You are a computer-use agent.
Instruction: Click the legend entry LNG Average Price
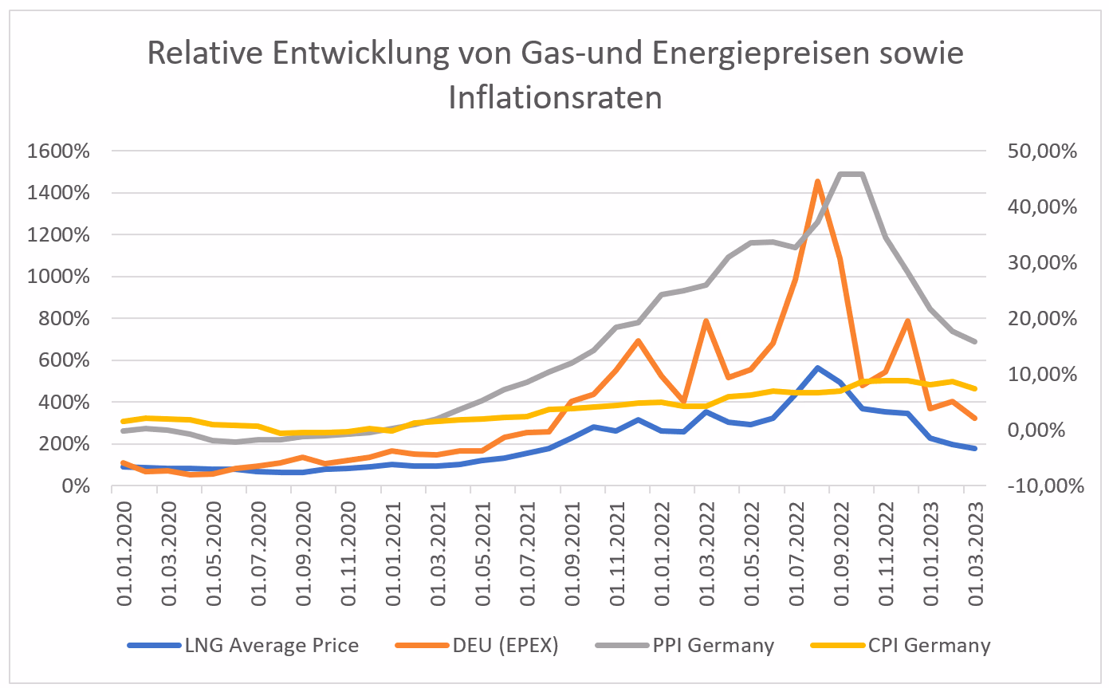tap(243, 646)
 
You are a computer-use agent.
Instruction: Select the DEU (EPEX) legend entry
tap(478, 646)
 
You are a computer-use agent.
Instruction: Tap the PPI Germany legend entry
tap(685, 646)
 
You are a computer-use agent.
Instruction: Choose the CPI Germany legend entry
tap(901, 646)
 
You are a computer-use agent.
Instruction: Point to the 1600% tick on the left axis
tap(58, 151)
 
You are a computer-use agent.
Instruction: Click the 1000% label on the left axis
tap(58, 276)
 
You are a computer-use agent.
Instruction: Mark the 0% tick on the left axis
tap(76, 486)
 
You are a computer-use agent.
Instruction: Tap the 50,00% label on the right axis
tap(1042, 151)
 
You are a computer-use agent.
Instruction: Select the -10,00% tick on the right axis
tap(1046, 486)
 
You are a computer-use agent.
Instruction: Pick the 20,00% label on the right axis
tap(1042, 318)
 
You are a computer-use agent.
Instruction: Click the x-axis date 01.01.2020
tap(124, 554)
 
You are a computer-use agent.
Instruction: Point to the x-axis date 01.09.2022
tap(841, 554)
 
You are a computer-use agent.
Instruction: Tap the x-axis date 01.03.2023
tap(975, 554)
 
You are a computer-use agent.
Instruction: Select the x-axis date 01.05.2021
tap(482, 554)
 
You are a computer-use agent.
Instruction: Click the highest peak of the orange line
tap(817, 182)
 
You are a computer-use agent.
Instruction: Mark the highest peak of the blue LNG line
tap(817, 368)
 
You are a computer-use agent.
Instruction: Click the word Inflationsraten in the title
tap(555, 97)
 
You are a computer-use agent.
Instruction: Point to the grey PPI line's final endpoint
tap(974, 341)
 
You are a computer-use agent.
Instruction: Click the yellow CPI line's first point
tap(124, 421)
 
